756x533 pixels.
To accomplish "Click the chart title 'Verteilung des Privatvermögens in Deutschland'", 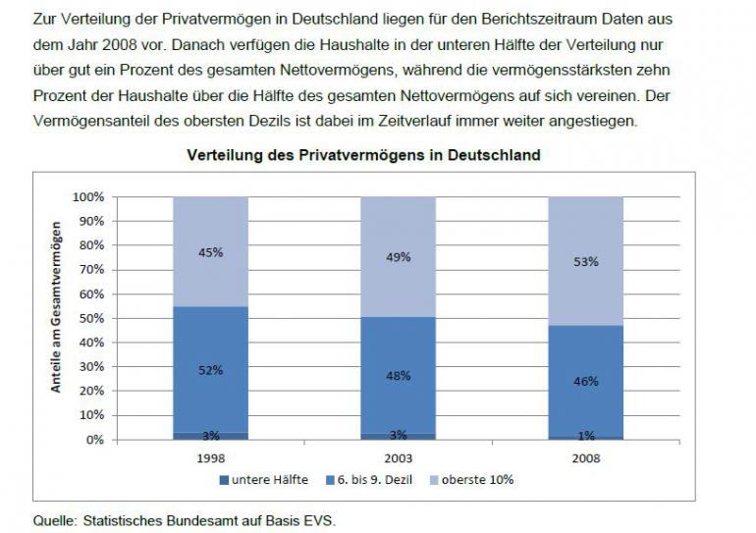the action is coord(363,155).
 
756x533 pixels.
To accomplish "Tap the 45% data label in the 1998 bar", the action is coord(211,252).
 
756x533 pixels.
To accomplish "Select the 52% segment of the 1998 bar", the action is coord(211,370).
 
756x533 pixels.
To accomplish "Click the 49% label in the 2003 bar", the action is coord(399,257).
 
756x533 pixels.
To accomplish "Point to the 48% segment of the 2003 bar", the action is coord(399,375).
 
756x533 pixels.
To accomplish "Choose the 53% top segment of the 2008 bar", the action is coord(586,261).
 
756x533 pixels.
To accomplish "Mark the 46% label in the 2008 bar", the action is coord(586,381).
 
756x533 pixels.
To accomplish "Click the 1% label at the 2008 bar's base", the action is coord(586,436).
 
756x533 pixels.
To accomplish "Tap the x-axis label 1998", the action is coord(211,458).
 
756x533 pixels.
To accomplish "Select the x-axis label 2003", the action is coord(399,458).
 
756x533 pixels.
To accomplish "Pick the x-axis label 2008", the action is coord(586,458).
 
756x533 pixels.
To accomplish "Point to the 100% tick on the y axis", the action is coord(87,197).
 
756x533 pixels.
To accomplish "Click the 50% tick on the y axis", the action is coord(91,319).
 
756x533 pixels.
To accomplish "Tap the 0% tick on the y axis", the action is coord(94,440).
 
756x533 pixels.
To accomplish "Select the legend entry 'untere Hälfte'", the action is coord(264,480).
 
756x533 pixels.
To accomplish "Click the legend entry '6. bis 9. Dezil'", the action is coord(369,480).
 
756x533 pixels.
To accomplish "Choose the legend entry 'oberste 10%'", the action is coord(471,480).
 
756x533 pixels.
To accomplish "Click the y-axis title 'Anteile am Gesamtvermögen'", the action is coord(56,307).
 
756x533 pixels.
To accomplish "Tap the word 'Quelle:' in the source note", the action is coord(55,521).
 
